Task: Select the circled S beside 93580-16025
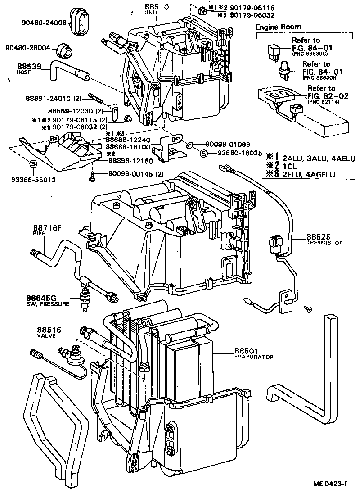pyautogui.click(x=204, y=154)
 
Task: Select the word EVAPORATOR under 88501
pyautogui.click(x=254, y=357)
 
